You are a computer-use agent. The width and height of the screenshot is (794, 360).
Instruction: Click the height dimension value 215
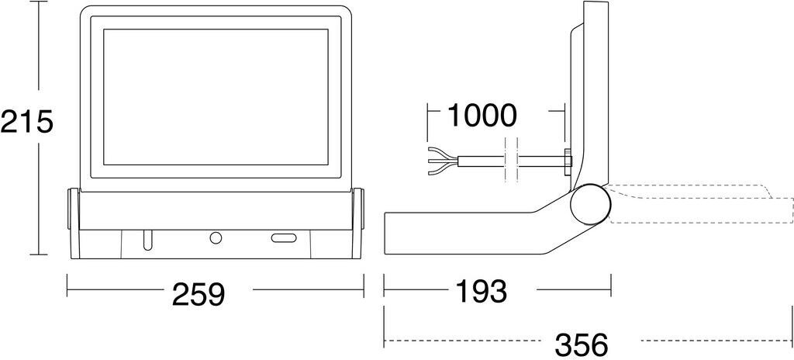26,122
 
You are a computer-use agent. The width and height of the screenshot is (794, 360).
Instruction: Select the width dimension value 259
198,294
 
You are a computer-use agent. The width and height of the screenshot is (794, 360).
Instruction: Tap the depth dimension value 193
481,291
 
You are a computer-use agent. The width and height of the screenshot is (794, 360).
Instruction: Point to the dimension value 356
582,345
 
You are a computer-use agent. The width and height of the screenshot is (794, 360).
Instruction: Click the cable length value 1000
482,116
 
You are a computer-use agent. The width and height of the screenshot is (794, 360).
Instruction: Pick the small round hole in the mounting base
216,237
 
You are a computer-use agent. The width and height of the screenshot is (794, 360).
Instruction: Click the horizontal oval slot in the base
284,238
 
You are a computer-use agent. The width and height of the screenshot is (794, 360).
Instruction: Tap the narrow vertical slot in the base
147,241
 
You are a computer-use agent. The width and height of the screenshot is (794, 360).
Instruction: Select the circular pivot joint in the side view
590,204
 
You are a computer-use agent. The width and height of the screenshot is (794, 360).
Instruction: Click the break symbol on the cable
510,160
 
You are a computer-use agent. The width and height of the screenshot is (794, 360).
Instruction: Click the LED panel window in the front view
216,97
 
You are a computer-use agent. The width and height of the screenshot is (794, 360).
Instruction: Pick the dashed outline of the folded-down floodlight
701,203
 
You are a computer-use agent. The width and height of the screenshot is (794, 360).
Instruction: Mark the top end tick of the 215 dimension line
39,2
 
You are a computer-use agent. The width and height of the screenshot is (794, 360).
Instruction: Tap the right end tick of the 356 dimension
792,327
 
